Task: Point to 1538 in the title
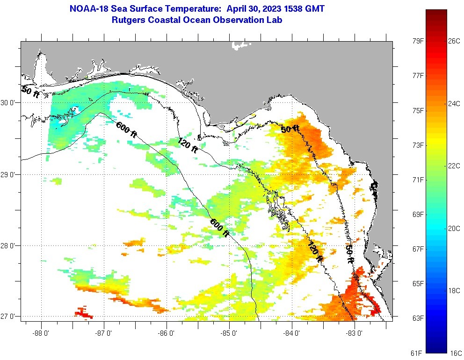[293, 9]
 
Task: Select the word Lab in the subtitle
[275, 20]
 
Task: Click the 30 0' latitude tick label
[8, 102]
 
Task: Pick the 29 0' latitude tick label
[8, 175]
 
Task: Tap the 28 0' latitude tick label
[8, 245]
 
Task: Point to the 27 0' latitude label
[8, 317]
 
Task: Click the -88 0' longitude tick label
[41, 334]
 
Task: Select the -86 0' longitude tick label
[167, 334]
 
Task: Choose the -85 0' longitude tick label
[229, 334]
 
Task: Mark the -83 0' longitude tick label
[355, 334]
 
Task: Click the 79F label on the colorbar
[418, 41]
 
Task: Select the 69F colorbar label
[418, 214]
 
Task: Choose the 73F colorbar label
[418, 145]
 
